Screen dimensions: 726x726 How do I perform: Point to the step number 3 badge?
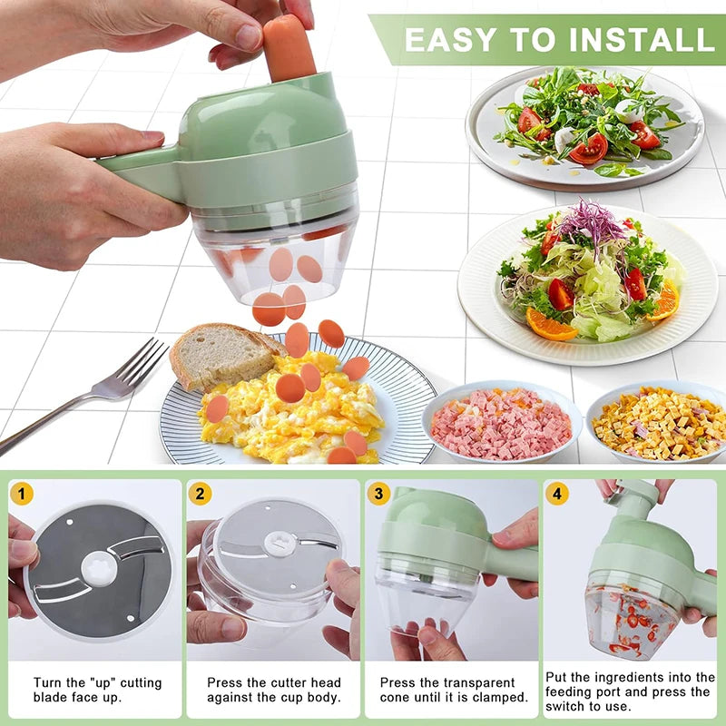(x=378, y=494)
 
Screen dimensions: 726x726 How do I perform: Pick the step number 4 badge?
(x=556, y=494)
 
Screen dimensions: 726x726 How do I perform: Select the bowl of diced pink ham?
(x=501, y=423)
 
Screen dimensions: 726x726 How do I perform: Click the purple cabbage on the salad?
(x=591, y=221)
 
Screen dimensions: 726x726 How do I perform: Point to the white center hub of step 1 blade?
(x=99, y=568)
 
